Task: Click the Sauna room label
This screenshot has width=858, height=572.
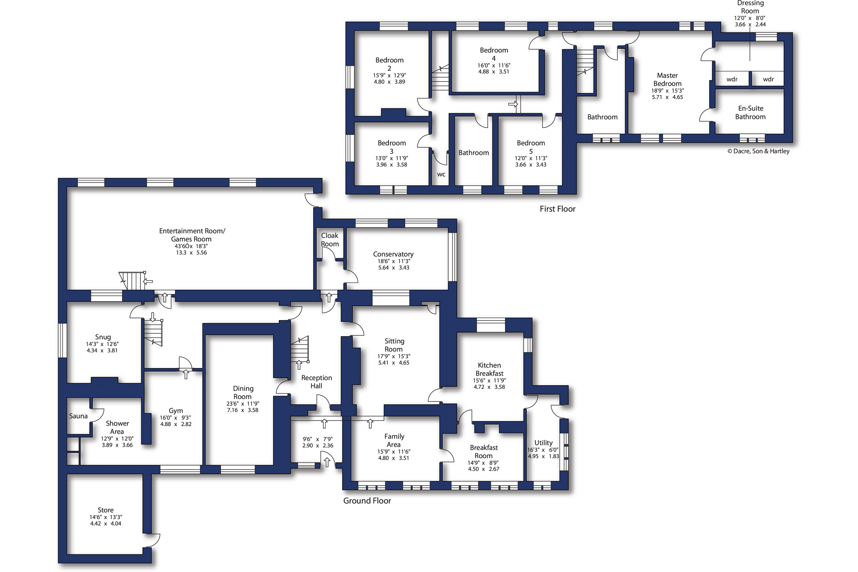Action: pyautogui.click(x=78, y=416)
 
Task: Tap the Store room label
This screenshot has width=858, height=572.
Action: pyautogui.click(x=106, y=510)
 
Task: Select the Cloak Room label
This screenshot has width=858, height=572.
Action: pyautogui.click(x=330, y=240)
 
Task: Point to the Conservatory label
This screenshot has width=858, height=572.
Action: pyautogui.click(x=393, y=254)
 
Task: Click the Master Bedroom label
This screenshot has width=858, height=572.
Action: pyautogui.click(x=668, y=80)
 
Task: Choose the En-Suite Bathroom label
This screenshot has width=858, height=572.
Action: pyautogui.click(x=751, y=113)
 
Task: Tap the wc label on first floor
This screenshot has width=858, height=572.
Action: pyautogui.click(x=442, y=175)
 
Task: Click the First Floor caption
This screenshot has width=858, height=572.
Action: pyautogui.click(x=558, y=209)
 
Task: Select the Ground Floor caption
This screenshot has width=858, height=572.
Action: pyautogui.click(x=367, y=501)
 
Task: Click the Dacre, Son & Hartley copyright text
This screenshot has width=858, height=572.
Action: pyautogui.click(x=758, y=151)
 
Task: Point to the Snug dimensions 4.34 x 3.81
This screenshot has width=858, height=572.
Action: pyautogui.click(x=102, y=351)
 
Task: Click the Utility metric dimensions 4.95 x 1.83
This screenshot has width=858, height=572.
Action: pyautogui.click(x=544, y=457)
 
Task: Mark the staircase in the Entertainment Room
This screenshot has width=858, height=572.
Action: pyautogui.click(x=133, y=281)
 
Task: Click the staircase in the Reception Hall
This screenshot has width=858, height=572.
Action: pyautogui.click(x=300, y=349)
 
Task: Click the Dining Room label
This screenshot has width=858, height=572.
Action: pyautogui.click(x=243, y=393)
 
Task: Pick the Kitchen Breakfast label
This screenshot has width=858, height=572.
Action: pyautogui.click(x=490, y=369)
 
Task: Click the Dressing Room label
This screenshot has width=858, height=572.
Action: pyautogui.click(x=750, y=7)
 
